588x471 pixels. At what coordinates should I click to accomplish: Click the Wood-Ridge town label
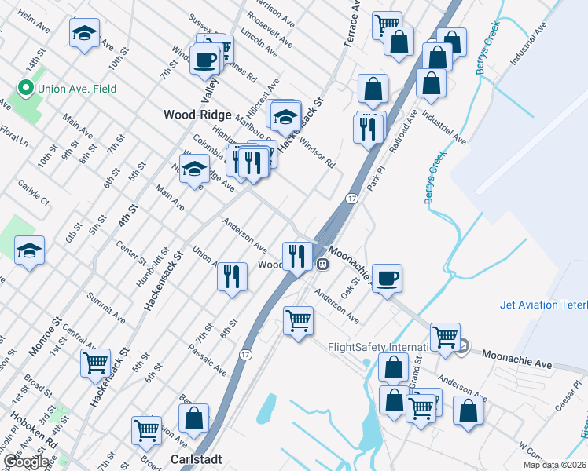tap(197, 114)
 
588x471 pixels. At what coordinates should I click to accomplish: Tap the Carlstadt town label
tap(197, 459)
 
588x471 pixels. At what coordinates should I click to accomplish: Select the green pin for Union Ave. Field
tap(25, 89)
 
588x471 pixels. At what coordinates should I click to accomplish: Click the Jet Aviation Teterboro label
tap(543, 305)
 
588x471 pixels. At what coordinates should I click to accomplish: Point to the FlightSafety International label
tap(377, 346)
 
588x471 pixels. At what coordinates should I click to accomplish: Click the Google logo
tap(26, 462)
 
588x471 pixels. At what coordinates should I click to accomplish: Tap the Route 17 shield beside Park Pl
tap(351, 199)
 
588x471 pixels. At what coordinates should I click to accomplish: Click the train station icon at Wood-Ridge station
tap(322, 265)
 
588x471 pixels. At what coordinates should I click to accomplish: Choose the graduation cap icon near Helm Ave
tap(84, 34)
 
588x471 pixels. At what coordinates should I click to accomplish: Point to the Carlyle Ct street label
tap(33, 193)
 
